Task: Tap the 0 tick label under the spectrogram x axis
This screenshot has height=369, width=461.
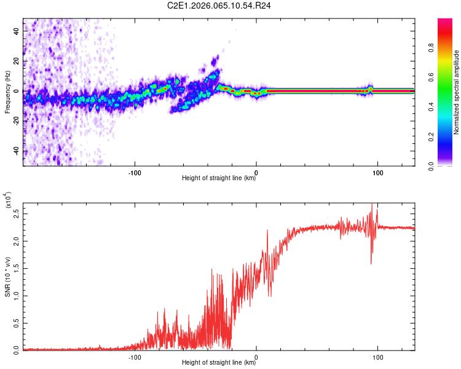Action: click(x=256, y=173)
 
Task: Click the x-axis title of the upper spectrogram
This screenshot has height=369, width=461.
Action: click(x=219, y=178)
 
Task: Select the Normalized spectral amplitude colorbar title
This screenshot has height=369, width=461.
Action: click(x=457, y=92)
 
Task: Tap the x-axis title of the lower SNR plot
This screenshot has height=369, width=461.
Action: click(x=219, y=363)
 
